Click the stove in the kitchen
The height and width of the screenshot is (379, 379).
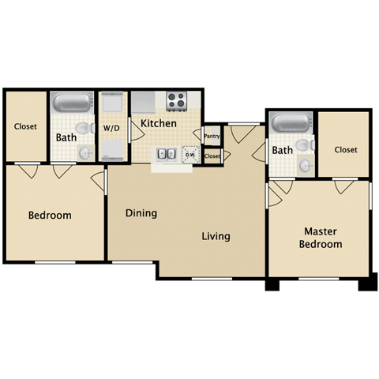pos(176,100)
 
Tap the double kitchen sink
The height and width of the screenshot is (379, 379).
pos(166,154)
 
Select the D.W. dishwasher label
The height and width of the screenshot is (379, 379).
pos(189,154)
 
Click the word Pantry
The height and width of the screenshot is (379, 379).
pos(212,137)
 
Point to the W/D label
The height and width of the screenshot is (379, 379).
pos(111,127)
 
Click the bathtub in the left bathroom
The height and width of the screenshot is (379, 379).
pos(72,103)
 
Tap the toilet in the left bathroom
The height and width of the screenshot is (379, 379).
pos(81,129)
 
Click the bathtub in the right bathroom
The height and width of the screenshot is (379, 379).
pos(291,122)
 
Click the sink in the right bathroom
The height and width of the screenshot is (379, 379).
pos(305,167)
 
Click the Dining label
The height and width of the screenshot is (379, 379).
pos(141,213)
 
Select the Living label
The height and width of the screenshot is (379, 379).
pos(216,236)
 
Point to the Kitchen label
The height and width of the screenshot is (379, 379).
pos(159,123)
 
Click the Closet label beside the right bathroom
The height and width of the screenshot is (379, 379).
pos(346,149)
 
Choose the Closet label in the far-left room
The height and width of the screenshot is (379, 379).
pos(26,126)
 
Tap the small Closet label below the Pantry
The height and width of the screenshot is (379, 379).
pos(212,156)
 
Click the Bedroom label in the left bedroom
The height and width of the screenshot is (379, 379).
pos(50,216)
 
